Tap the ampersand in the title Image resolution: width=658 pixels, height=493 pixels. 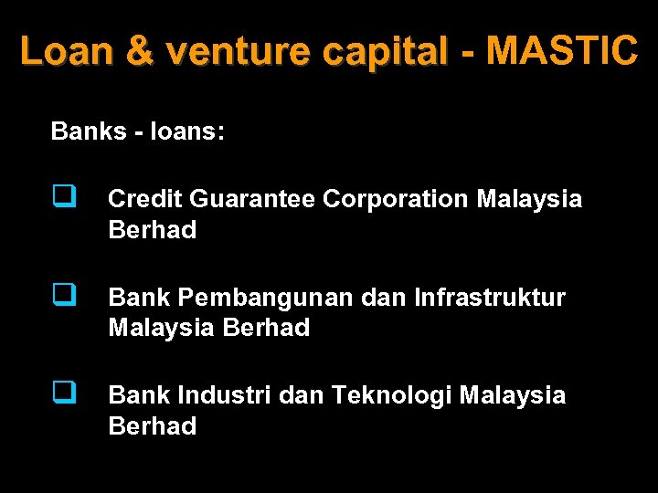coord(140,51)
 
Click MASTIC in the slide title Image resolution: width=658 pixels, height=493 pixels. coord(562,51)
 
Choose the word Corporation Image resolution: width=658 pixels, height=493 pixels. coord(397,198)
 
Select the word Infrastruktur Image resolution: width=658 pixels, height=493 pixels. coord(490,297)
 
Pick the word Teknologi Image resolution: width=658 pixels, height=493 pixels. coord(392,395)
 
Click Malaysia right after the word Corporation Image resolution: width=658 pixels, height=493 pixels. coord(529,198)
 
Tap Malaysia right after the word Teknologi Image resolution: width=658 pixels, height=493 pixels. coord(513,395)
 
